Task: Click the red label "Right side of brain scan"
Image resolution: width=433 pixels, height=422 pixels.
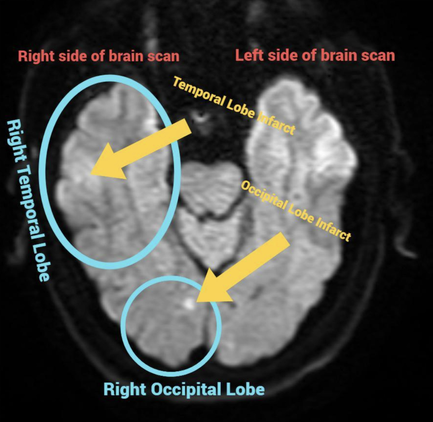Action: click(98, 56)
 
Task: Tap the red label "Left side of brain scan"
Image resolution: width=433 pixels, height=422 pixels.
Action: click(315, 56)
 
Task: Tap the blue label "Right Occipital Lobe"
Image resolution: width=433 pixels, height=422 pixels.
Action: click(184, 389)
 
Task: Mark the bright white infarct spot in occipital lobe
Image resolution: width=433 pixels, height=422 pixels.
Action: click(189, 303)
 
